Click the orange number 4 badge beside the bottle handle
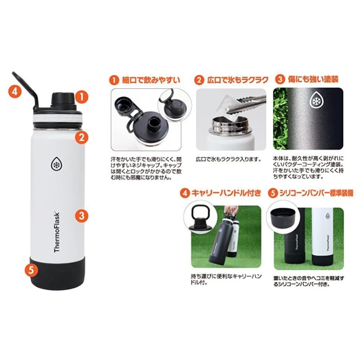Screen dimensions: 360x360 pyautogui.click(x=14, y=90)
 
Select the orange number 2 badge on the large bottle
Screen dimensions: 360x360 pyautogui.click(x=81, y=138)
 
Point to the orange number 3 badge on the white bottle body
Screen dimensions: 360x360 pyautogui.click(x=81, y=216)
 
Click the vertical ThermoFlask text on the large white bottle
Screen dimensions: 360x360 pyautogui.click(x=57, y=232)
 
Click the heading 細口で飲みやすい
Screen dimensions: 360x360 pyautogui.click(x=150, y=80)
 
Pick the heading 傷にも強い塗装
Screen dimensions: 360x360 pyautogui.click(x=313, y=79)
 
